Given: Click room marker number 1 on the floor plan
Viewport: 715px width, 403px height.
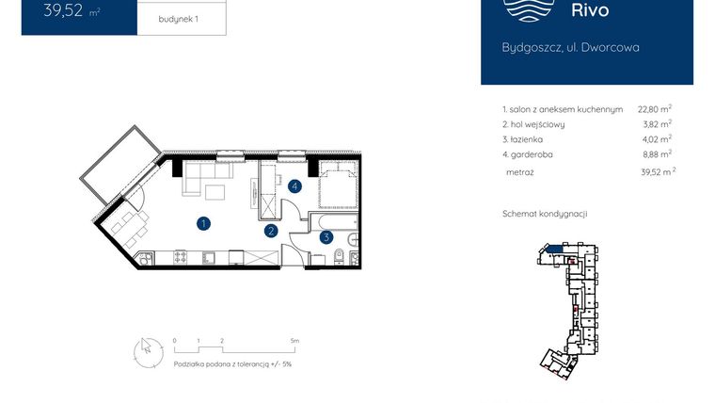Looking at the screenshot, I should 202,223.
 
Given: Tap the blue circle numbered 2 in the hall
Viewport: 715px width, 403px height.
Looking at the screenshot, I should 271,230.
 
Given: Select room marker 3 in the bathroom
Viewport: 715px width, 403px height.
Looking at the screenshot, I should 326,237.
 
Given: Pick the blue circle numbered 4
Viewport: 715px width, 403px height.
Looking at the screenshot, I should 294,186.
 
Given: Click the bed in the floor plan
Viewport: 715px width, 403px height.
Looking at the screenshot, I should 335,185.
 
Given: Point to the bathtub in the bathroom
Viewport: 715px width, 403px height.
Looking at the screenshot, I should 334,219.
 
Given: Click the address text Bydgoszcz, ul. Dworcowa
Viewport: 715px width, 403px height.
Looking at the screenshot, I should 570,47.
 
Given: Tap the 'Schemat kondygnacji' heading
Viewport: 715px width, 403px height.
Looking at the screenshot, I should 545,214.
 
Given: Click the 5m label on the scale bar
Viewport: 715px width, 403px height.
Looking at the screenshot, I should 294,340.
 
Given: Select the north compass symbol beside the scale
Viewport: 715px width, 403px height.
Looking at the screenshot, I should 145,348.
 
